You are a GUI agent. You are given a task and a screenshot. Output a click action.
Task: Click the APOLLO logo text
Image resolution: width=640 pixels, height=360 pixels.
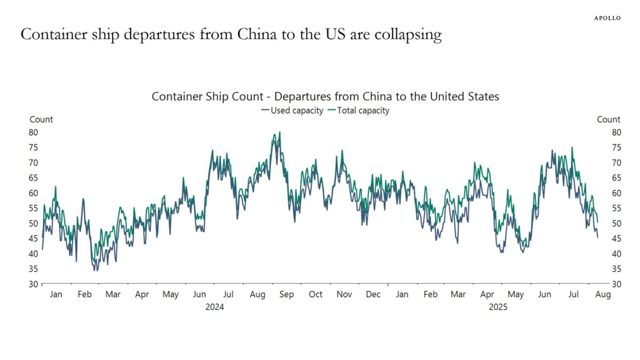(607, 18)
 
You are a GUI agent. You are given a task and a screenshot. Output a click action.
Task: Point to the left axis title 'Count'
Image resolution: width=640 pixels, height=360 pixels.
(41, 119)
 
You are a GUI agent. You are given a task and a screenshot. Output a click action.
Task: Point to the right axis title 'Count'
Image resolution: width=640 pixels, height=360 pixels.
(609, 119)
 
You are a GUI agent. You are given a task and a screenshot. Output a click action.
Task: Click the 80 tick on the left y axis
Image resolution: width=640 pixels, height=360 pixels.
(34, 132)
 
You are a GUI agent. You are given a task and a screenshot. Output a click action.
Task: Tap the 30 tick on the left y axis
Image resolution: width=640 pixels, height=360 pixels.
(34, 284)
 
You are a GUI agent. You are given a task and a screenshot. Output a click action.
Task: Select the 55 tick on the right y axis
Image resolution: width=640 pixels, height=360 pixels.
(602, 208)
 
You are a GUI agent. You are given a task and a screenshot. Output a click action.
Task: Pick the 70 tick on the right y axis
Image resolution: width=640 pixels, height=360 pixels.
(602, 163)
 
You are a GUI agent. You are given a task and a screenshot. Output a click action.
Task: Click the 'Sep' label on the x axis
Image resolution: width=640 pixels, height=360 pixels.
(286, 294)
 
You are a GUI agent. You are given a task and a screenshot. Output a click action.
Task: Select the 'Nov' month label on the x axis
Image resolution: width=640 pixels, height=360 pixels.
(345, 294)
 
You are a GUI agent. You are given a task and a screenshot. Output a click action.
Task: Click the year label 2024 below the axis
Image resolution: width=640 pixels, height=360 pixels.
(214, 307)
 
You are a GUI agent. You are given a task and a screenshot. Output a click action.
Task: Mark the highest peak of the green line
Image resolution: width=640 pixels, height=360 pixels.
(280, 132)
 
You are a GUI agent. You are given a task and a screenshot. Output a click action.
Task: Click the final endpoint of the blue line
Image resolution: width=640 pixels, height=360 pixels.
(597, 237)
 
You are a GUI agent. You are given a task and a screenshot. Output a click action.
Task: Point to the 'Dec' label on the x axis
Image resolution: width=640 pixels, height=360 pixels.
(373, 294)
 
